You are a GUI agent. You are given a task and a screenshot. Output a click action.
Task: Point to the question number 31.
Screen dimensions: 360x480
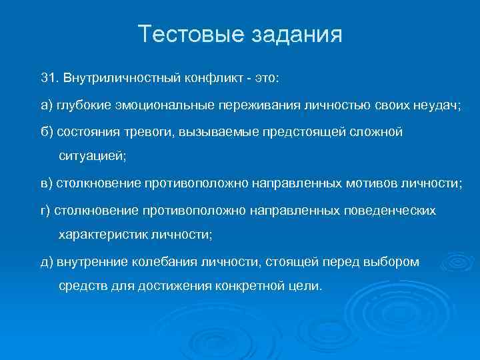click(x=48, y=78)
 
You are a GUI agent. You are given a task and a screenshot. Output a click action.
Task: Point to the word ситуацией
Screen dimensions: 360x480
click(x=92, y=157)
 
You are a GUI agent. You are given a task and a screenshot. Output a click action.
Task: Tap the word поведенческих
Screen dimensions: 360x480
click(x=389, y=210)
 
